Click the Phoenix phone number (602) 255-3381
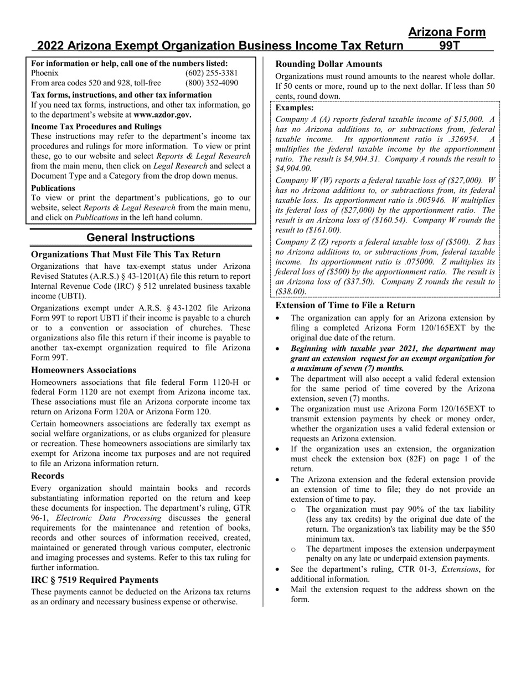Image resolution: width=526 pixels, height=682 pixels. point(212,73)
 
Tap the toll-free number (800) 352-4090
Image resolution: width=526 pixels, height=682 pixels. point(212,83)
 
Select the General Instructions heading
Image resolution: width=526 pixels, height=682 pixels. point(141,238)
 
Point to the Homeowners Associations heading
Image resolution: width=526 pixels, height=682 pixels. point(84,370)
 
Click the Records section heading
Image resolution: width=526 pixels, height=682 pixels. point(48,476)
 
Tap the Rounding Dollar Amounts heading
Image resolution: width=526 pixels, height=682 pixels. point(329,64)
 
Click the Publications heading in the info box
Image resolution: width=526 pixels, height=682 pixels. point(53,188)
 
